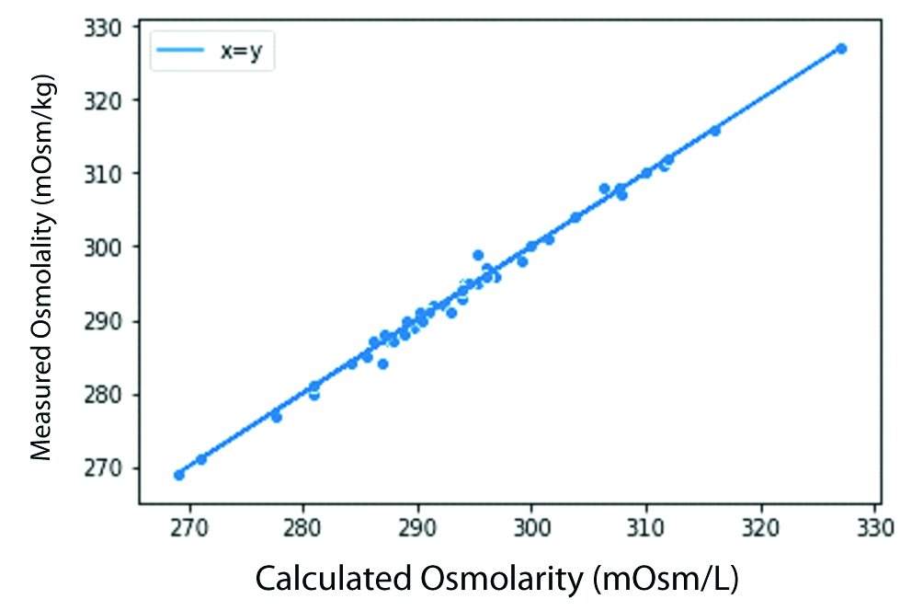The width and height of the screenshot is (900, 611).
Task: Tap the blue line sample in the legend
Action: tap(179, 52)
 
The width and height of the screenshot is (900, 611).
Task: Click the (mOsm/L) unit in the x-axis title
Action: tap(666, 578)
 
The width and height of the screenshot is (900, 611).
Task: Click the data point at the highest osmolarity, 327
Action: tap(840, 48)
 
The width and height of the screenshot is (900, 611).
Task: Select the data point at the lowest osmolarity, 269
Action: tap(178, 475)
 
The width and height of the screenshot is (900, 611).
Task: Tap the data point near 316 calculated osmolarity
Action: tap(715, 130)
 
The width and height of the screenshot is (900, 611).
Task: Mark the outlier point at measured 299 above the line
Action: tap(478, 255)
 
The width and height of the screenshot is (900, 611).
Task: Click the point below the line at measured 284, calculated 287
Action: tap(382, 363)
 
